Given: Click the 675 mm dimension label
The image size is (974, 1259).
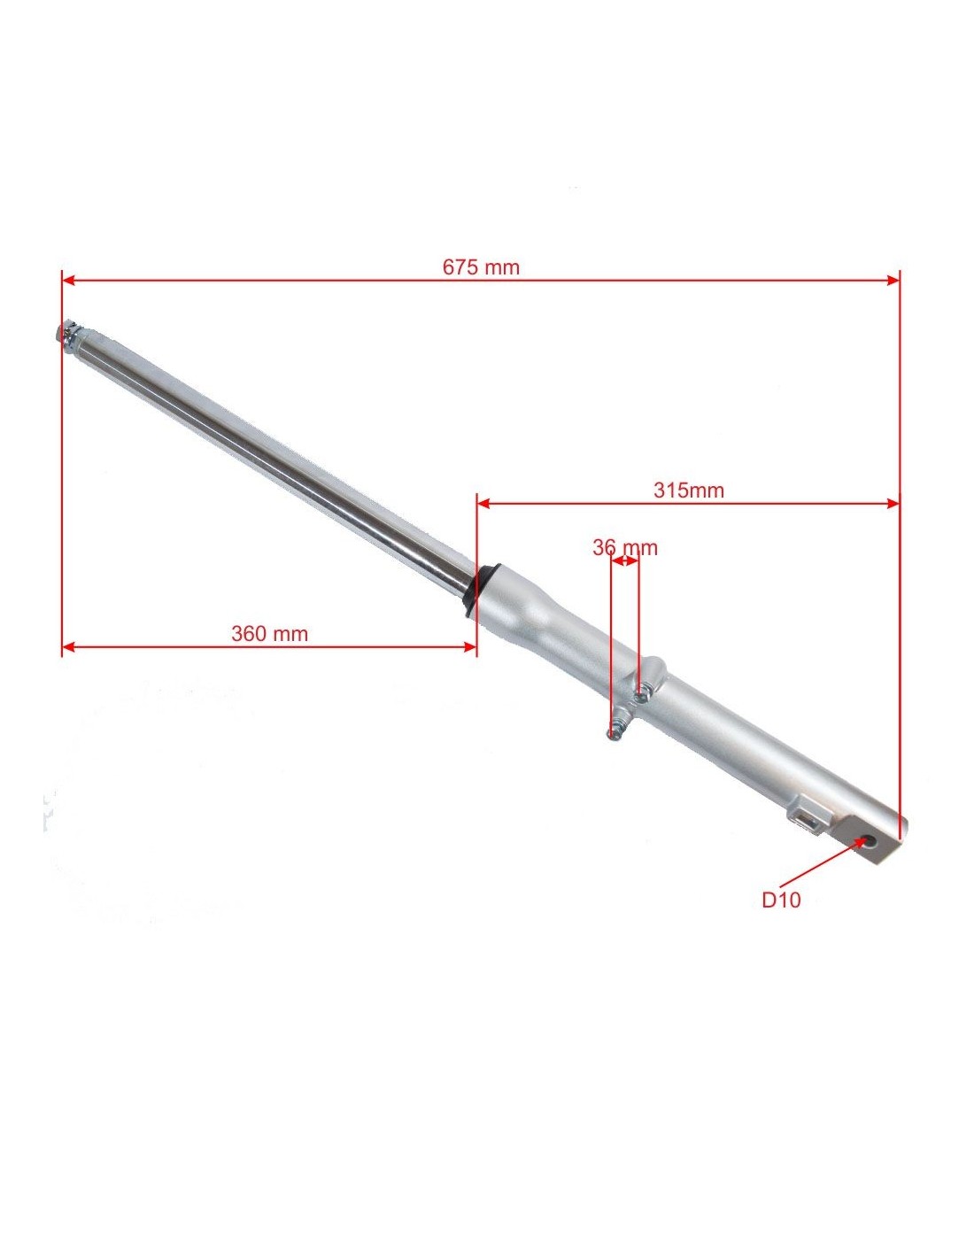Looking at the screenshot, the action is (x=481, y=267).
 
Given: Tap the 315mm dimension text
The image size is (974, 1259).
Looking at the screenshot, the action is (x=689, y=490).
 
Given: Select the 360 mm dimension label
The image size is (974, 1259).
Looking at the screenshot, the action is (x=269, y=633).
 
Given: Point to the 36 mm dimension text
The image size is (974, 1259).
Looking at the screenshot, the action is (x=625, y=547).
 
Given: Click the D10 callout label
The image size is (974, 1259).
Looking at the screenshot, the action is (x=781, y=916).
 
